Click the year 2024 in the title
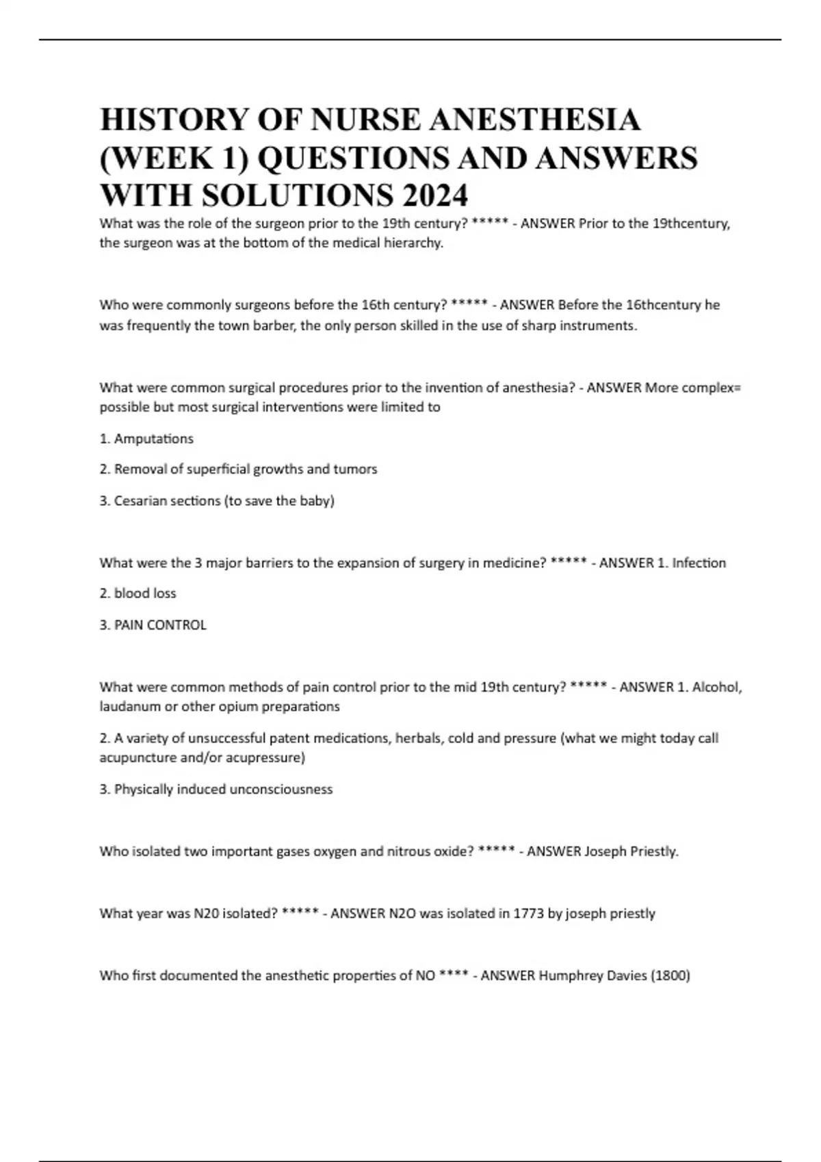[435, 195]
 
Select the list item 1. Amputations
[146, 439]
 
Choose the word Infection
[699, 563]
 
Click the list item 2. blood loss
[138, 593]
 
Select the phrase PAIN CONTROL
[160, 625]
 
